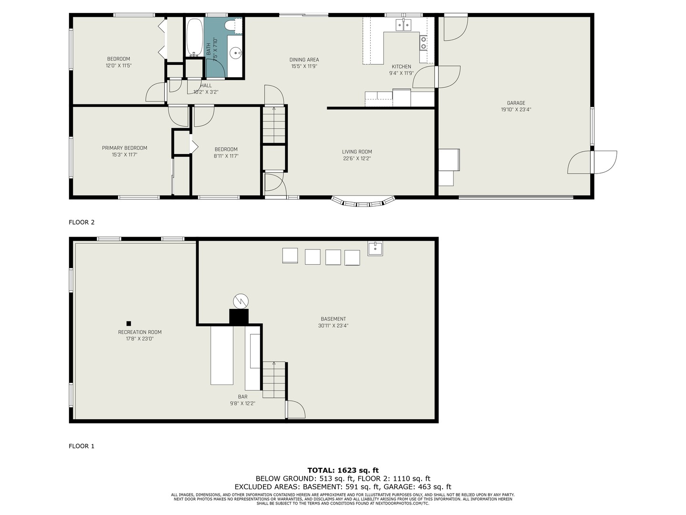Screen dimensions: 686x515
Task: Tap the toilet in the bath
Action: point(233,26)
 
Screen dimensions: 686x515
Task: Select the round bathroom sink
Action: point(236,53)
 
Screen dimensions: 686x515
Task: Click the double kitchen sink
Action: point(404,25)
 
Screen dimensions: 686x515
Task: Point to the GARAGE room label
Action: point(516,103)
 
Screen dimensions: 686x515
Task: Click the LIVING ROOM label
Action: point(357,152)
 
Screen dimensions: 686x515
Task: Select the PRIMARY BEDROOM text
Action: point(124,148)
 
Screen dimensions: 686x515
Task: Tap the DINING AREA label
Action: point(304,60)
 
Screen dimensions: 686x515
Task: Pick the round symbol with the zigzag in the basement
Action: point(241,301)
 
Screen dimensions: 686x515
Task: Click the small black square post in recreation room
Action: point(129,323)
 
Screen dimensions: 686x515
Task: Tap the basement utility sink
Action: point(375,248)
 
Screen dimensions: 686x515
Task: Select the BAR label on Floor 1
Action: point(242,397)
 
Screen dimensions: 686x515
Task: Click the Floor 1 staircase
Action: point(274,380)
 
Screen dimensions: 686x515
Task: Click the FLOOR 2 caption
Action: point(81,222)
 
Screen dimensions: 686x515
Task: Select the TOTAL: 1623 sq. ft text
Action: point(343,470)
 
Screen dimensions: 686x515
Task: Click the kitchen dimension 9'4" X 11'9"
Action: point(401,73)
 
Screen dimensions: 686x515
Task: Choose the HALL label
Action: point(206,85)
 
